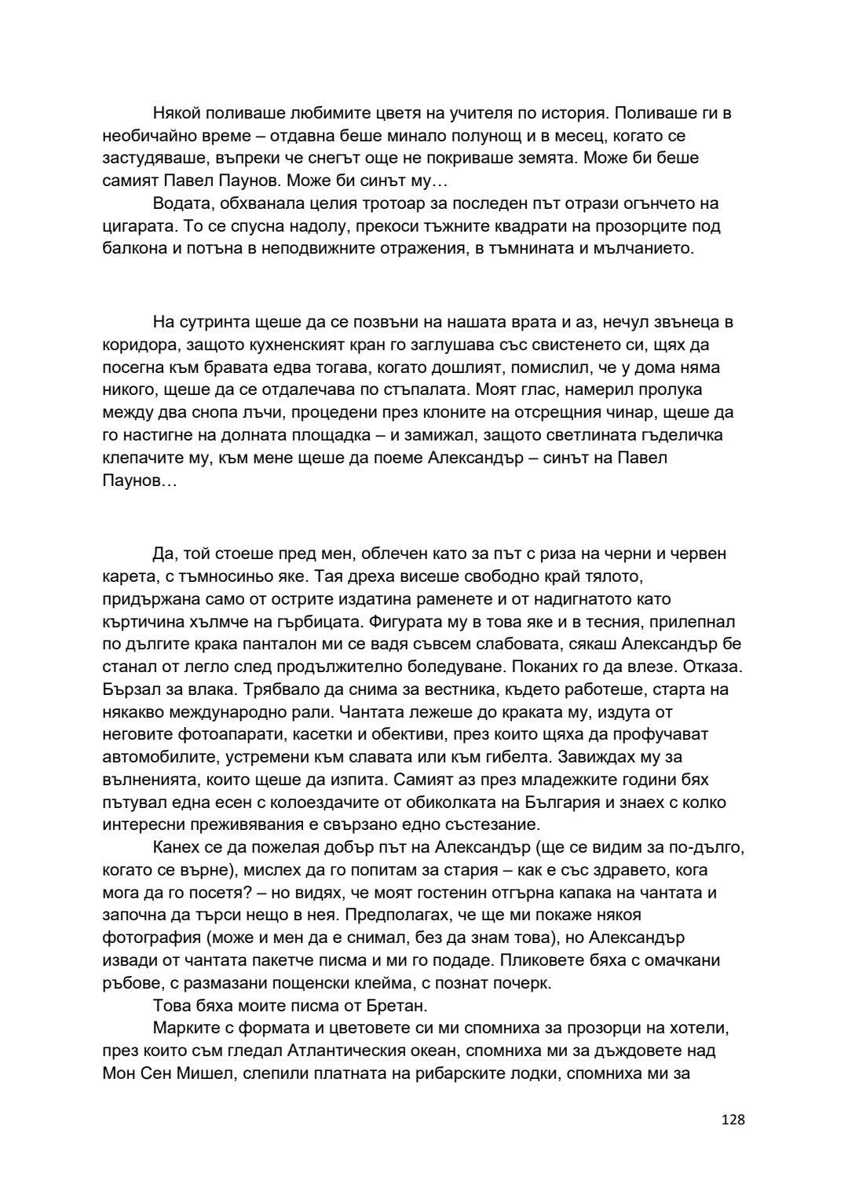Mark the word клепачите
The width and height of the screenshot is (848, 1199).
click(x=141, y=459)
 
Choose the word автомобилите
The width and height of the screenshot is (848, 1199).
click(x=154, y=759)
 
